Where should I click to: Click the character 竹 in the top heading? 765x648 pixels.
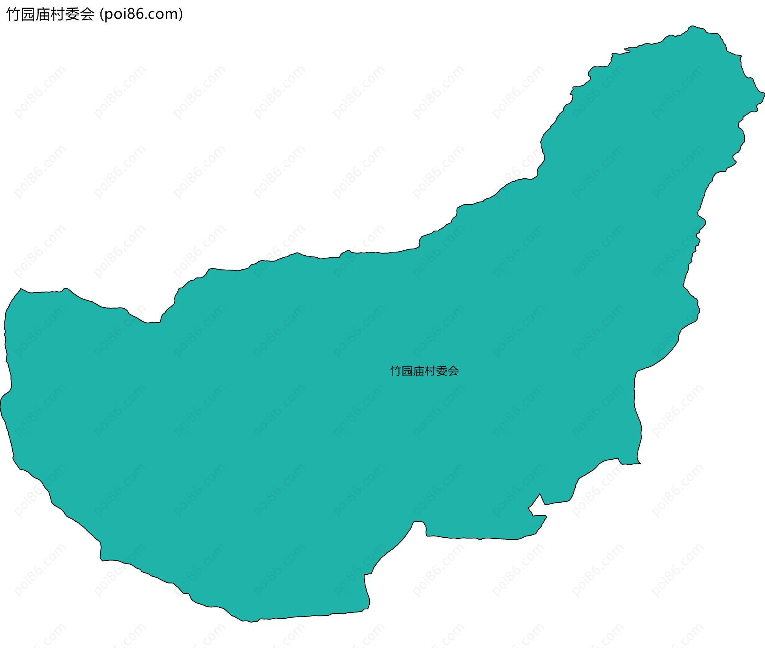point(14,14)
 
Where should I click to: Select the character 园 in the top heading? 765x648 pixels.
point(28,14)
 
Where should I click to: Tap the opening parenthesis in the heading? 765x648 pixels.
point(102,14)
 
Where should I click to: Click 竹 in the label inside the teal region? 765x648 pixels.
point(396,371)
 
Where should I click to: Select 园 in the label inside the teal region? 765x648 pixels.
point(407,371)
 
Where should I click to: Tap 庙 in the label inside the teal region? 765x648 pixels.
point(419,371)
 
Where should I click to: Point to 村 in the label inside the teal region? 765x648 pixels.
point(430,371)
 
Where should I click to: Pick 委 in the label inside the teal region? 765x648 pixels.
point(442,371)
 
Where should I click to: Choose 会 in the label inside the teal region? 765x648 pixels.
point(453,371)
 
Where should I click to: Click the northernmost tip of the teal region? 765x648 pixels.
point(693,26)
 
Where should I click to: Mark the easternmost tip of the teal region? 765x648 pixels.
point(764,94)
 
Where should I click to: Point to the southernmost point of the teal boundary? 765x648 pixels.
point(251,621)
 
